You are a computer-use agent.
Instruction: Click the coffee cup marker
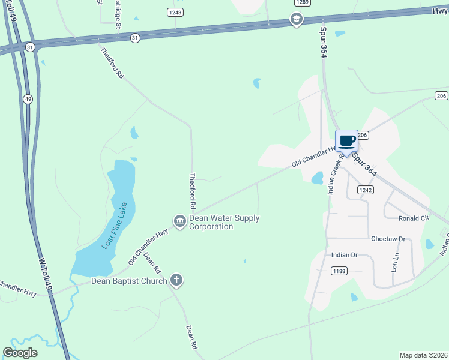[346, 142]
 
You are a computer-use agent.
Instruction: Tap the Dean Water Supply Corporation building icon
[179, 222]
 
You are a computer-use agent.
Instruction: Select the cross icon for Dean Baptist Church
[176, 280]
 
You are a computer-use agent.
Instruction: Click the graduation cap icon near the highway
[296, 19]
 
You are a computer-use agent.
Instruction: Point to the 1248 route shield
[175, 11]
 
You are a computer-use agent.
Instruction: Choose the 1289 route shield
[302, 2]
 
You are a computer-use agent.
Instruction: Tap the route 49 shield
[28, 98]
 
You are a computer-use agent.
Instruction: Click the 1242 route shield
[365, 190]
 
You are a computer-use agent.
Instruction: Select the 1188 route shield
[339, 271]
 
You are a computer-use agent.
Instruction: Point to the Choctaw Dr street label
[388, 239]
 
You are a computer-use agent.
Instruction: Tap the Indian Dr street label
[344, 255]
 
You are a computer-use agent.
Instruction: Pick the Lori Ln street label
[395, 262]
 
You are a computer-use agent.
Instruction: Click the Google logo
[20, 353]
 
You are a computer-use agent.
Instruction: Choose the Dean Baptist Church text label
[128, 280]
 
